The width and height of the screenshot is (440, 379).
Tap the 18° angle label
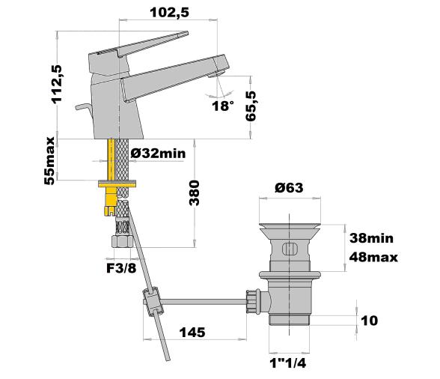click(x=221, y=106)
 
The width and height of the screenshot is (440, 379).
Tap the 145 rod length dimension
click(x=193, y=333)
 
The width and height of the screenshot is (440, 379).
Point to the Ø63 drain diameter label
click(x=288, y=187)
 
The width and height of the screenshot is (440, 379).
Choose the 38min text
click(x=372, y=239)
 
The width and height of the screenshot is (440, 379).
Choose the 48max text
click(x=372, y=257)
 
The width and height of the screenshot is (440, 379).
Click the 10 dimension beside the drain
click(x=369, y=321)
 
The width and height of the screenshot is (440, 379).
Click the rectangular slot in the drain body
click(x=289, y=249)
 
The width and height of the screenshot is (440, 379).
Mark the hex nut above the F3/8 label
click(x=120, y=242)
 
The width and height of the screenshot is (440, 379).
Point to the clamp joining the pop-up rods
click(x=153, y=303)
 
